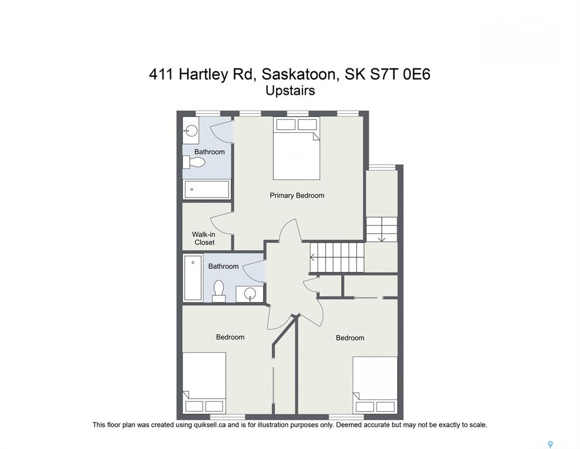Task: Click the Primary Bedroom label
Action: (296, 195)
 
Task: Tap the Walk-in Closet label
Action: (204, 238)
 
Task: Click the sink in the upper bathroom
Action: (191, 130)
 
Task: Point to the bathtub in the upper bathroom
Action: (207, 189)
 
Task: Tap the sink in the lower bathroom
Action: (250, 293)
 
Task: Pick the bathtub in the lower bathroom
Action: (193, 277)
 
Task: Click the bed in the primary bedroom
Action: (296, 148)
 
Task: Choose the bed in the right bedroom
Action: (375, 385)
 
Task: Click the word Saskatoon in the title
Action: (299, 74)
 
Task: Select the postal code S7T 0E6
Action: (401, 74)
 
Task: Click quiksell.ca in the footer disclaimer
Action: (210, 425)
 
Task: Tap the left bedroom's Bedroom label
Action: (230, 337)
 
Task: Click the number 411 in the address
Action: (161, 74)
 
